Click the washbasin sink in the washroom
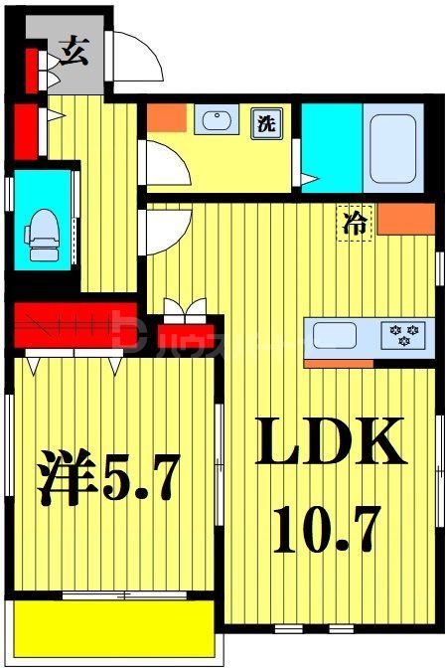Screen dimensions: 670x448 click(216, 122)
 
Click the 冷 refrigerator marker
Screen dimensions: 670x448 click(353, 225)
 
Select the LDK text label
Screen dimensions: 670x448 click(332, 443)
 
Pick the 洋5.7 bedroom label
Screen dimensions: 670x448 click(109, 479)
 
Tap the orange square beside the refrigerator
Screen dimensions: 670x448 click(405, 219)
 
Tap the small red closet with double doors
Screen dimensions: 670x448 click(185, 331)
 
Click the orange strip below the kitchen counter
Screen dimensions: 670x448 click(338, 362)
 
